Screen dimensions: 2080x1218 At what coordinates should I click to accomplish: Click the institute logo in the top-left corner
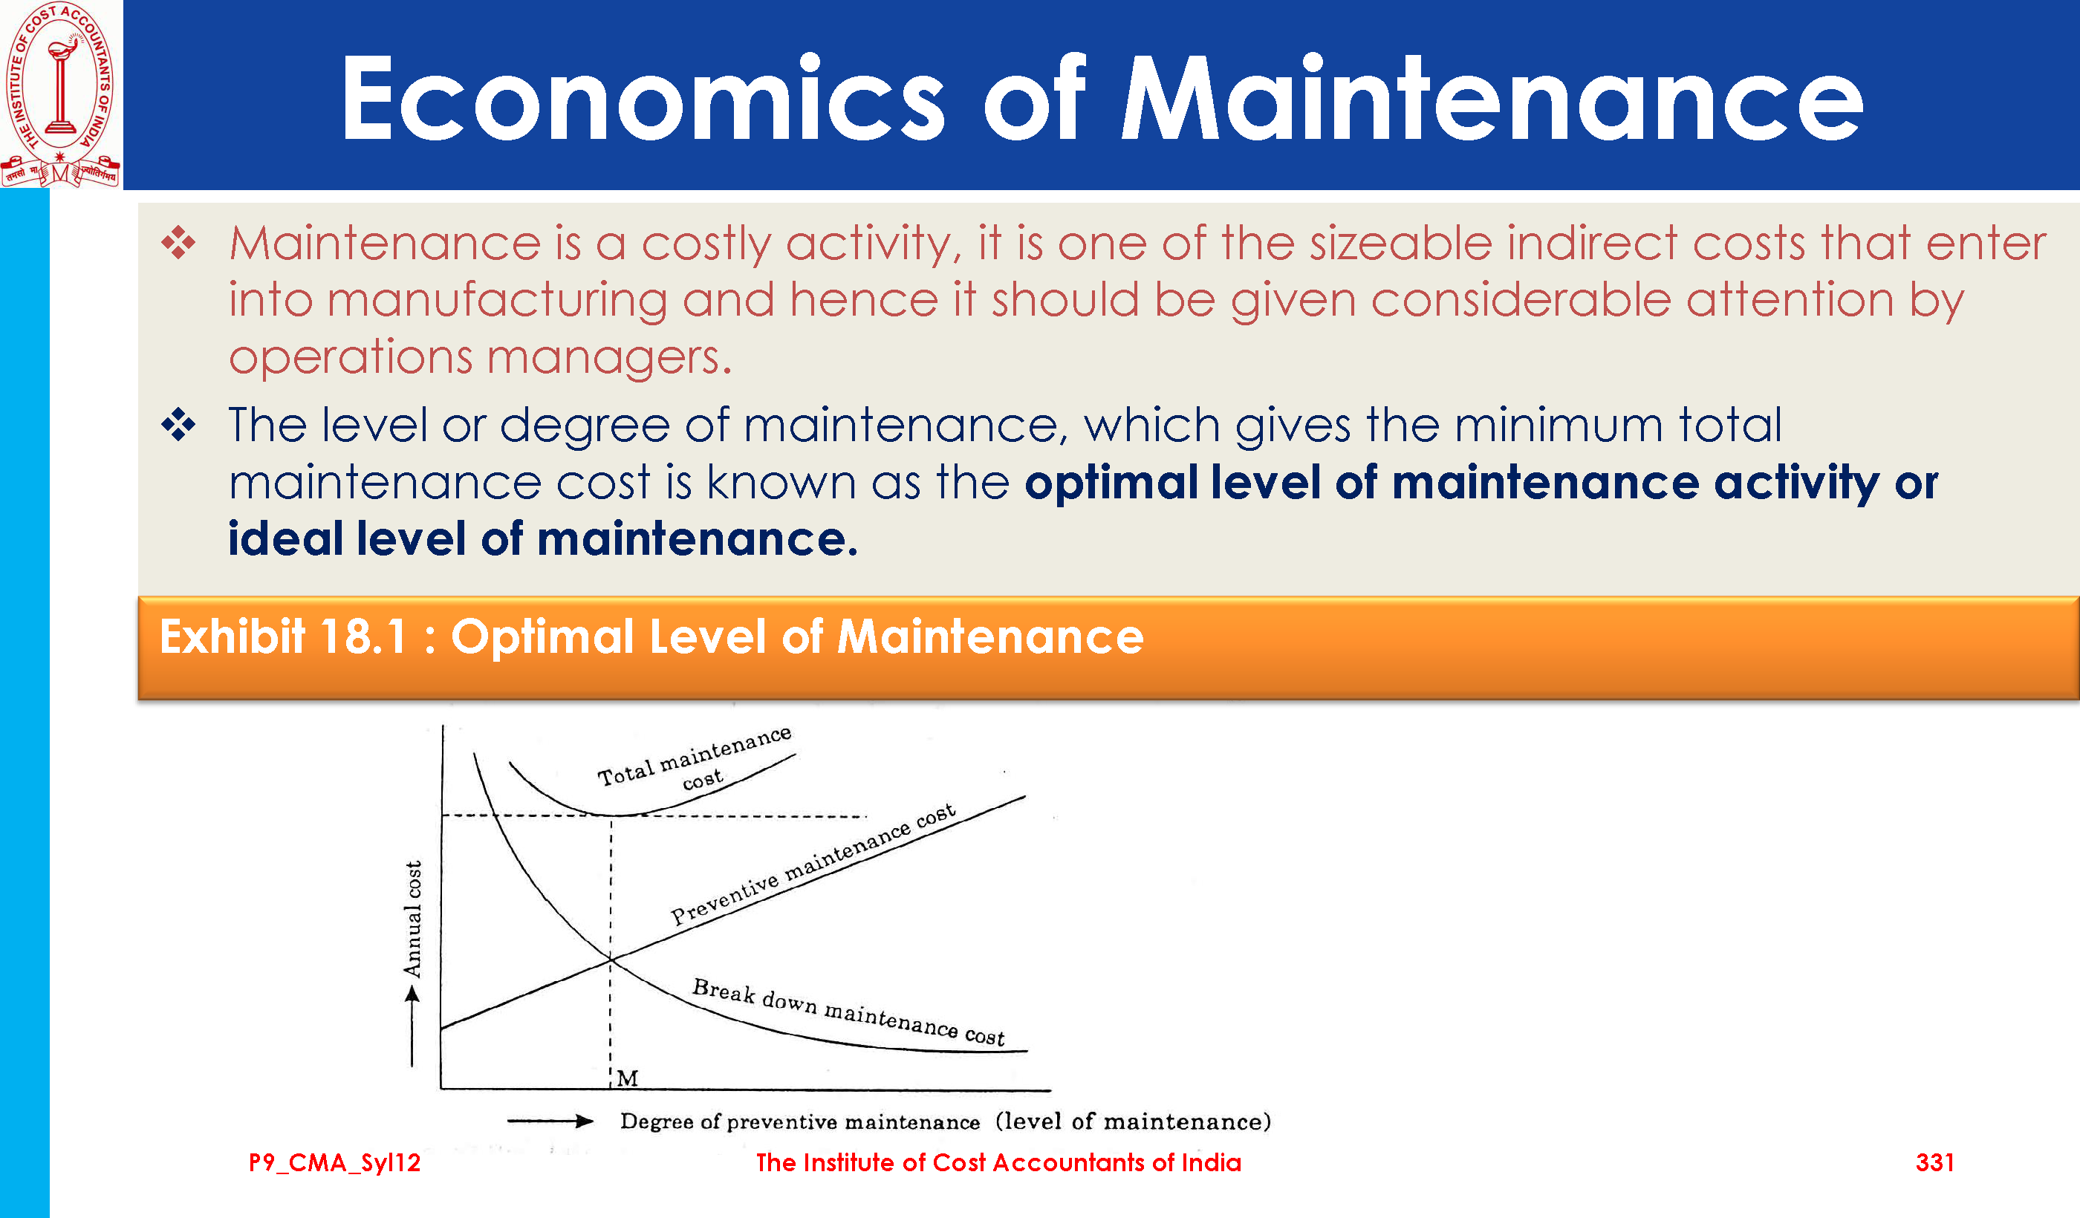61,94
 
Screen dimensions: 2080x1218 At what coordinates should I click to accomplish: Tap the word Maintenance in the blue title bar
1491,99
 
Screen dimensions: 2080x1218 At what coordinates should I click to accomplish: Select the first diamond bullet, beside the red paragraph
178,243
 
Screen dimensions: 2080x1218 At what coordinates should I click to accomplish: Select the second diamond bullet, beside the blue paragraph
178,425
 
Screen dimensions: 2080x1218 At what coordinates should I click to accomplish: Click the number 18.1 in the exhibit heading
364,637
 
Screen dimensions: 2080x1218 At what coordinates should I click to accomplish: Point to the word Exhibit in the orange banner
232,637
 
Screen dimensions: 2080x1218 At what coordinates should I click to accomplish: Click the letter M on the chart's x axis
627,1078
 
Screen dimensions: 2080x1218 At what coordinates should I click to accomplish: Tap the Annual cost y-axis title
413,919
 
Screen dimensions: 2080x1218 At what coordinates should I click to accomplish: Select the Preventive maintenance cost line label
813,863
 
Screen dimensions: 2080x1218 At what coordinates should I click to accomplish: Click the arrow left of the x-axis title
550,1121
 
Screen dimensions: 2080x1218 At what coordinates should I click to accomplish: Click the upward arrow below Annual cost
412,1026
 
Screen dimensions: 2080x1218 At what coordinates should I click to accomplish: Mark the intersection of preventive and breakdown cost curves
611,958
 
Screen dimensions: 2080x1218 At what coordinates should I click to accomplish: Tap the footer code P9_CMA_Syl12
334,1163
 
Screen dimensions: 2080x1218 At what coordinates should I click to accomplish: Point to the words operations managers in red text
480,358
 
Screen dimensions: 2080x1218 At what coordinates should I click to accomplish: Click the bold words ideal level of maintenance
542,539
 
